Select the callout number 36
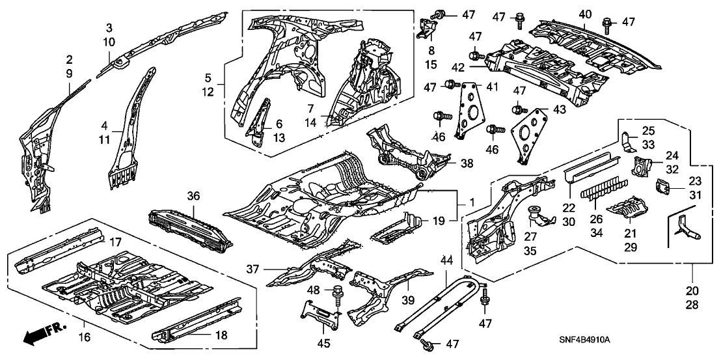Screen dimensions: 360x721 point(193,195)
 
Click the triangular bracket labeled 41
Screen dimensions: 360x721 point(468,107)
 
